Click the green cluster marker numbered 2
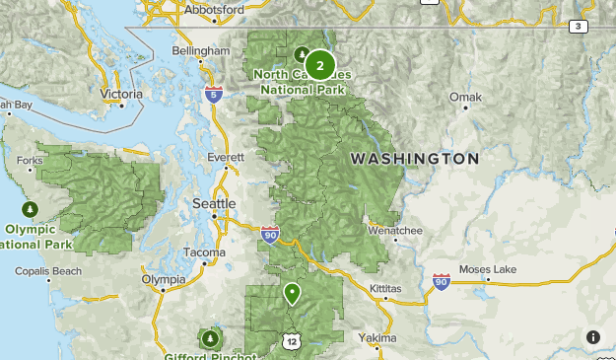coord(319,66)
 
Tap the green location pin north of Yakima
coord(292,294)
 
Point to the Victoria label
coord(121,95)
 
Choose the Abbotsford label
coord(210,9)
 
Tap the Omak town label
coord(465,97)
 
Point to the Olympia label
coord(164,280)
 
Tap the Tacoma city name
coord(205,253)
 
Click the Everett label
coord(226,157)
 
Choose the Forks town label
coord(30,161)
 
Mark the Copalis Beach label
coord(48,270)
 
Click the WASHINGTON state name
coord(415,159)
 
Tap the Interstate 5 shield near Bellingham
coord(214,95)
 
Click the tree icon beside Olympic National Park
coord(31,210)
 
